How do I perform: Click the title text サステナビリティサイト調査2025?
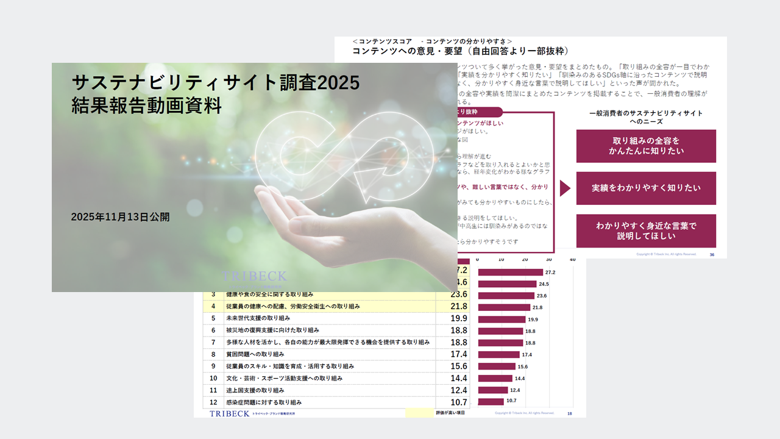click(215, 82)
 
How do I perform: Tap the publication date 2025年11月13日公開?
click(120, 216)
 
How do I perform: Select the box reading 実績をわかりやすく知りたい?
click(646, 188)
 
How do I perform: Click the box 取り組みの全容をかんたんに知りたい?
click(646, 146)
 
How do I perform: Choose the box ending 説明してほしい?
click(646, 230)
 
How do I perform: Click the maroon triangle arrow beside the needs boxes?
click(565, 188)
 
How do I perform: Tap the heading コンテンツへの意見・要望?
click(460, 52)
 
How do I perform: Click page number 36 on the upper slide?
click(712, 254)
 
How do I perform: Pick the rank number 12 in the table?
click(213, 402)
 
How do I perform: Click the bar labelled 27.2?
click(510, 272)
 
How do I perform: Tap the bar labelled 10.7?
click(491, 401)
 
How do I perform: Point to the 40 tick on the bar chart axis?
click(572, 260)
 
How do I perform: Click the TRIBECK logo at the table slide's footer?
click(230, 413)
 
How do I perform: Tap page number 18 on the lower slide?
click(569, 413)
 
